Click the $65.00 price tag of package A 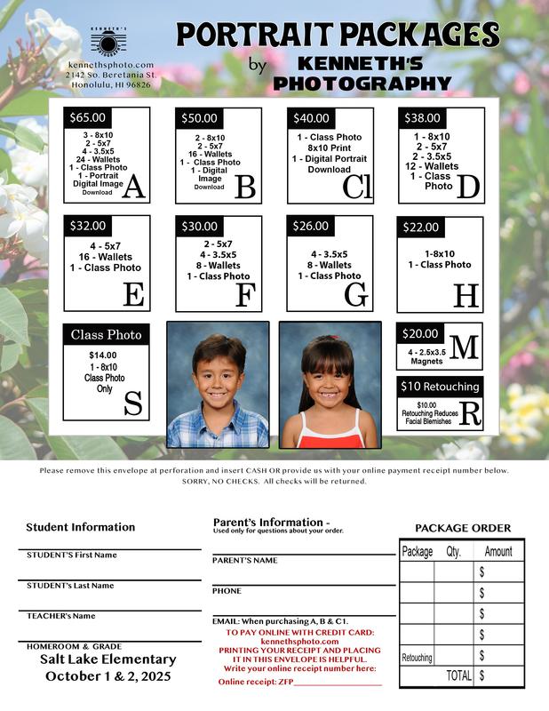point(88,117)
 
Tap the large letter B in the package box point(245,187)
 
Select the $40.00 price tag point(311,117)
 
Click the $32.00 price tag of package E point(88,227)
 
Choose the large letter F point(245,294)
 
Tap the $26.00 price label point(311,227)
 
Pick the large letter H point(466,294)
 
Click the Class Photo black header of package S point(107,335)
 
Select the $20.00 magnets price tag point(420,334)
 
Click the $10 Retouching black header point(440,387)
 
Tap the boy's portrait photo point(218,385)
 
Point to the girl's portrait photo point(330,385)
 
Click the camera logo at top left point(109,44)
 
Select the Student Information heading point(80,527)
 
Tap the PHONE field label point(227,591)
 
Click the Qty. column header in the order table point(453,551)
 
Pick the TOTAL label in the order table point(458,675)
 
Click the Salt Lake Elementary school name point(108,659)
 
